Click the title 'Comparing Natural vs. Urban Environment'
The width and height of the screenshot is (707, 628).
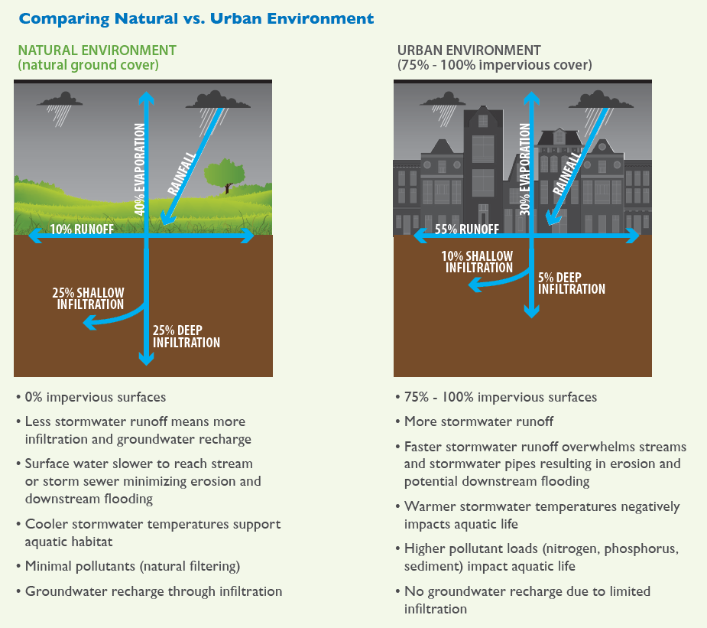click(x=196, y=18)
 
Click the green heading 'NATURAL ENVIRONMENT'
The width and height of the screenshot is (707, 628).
click(x=97, y=50)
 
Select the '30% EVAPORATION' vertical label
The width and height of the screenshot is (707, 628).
click(x=524, y=168)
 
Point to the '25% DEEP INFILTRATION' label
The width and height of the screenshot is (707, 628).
click(x=186, y=337)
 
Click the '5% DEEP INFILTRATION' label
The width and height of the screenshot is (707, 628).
click(x=571, y=283)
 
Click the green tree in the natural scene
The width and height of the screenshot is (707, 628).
click(x=223, y=174)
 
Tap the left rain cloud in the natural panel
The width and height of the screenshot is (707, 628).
click(x=61, y=100)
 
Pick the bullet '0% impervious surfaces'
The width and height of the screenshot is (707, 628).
click(x=95, y=397)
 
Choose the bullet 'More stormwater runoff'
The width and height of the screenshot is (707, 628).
click(x=478, y=421)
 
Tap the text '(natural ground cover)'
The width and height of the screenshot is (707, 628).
click(x=88, y=65)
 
